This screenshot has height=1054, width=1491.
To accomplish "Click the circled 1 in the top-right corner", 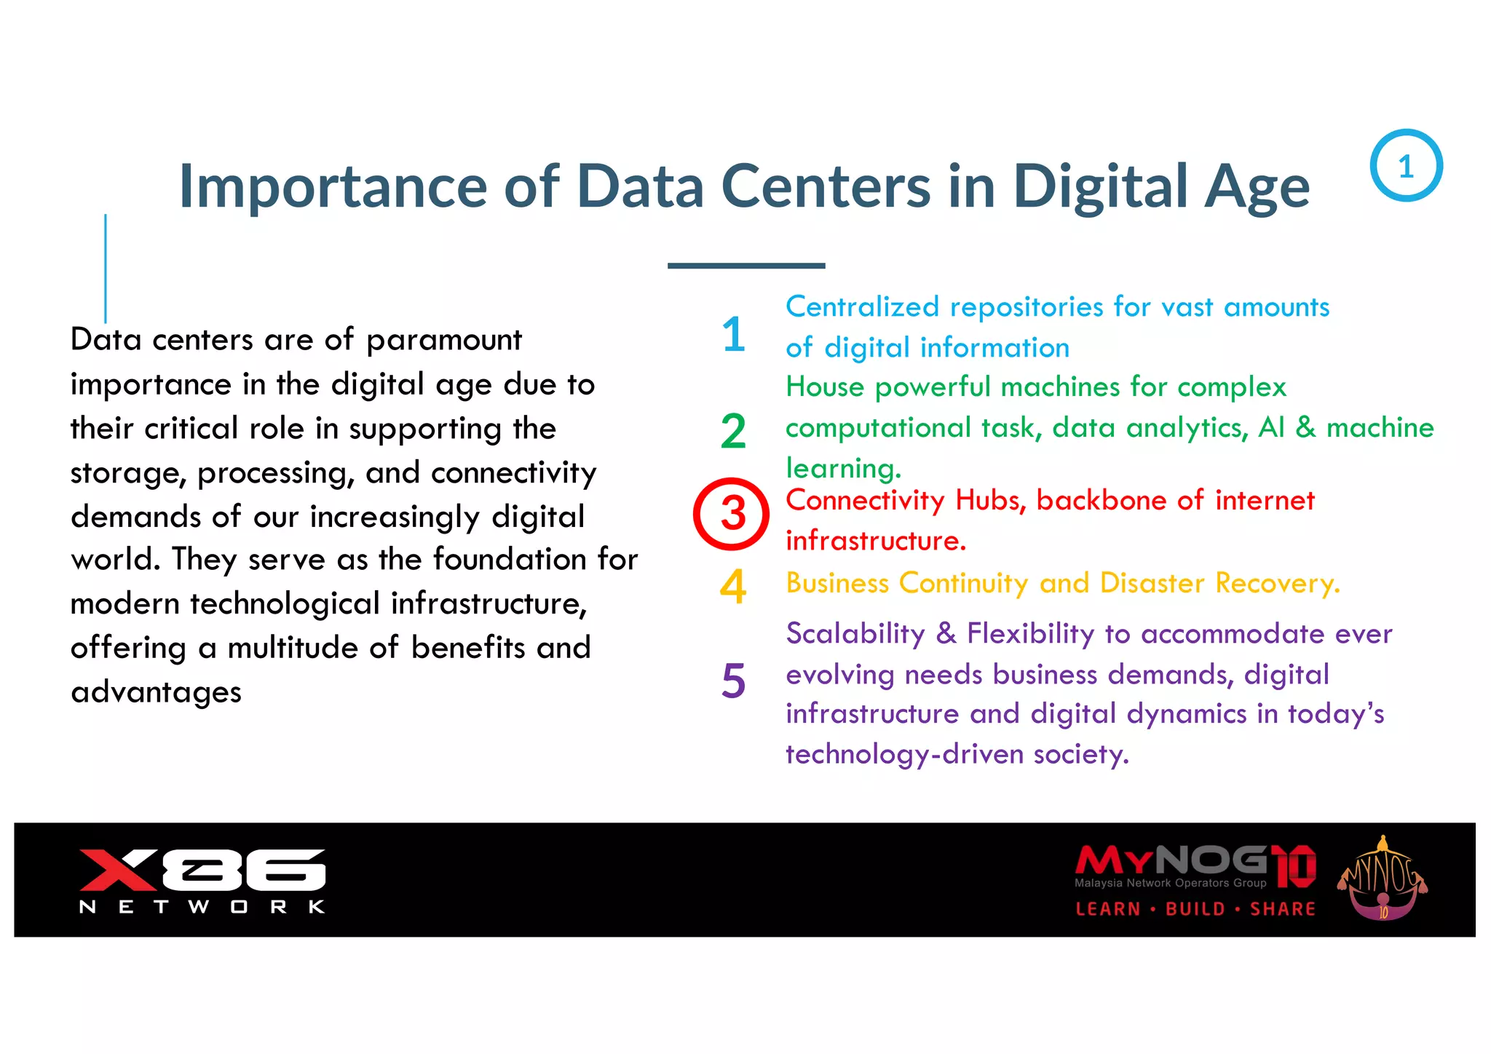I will click(1406, 166).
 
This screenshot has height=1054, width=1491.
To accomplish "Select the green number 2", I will click(733, 431).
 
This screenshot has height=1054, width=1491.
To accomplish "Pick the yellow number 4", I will click(733, 586).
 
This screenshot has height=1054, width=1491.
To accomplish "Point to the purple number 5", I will click(733, 681).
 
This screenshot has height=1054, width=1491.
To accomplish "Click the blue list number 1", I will click(733, 335).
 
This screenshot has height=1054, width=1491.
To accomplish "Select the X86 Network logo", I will click(202, 879).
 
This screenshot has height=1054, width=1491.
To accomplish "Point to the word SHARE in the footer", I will click(1283, 909).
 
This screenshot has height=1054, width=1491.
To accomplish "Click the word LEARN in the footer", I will click(1108, 909).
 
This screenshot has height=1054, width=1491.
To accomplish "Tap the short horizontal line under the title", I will click(746, 266).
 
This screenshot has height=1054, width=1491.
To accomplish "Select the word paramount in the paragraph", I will click(444, 341).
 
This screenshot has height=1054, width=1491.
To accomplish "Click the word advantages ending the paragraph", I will click(156, 692).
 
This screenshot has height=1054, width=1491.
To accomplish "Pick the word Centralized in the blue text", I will click(862, 307).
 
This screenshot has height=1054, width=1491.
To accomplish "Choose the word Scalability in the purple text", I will click(855, 634).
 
